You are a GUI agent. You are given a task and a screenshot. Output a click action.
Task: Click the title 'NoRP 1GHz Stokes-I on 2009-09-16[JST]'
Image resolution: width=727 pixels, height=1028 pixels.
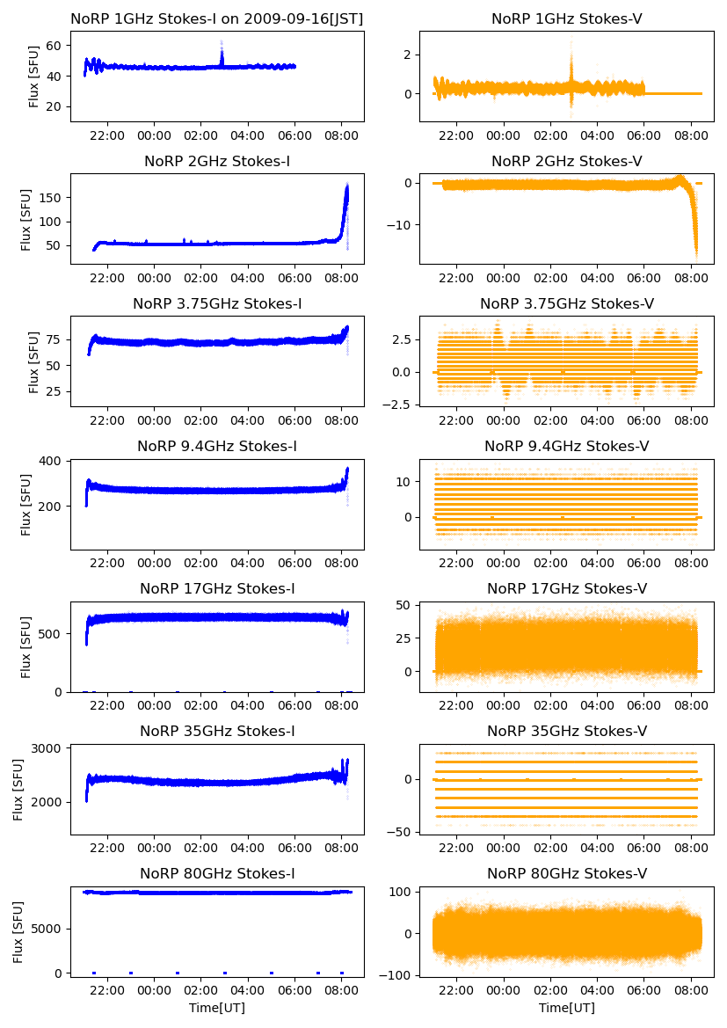216,18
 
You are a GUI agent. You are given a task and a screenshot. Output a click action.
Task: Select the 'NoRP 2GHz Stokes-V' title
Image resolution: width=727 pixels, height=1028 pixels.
566,161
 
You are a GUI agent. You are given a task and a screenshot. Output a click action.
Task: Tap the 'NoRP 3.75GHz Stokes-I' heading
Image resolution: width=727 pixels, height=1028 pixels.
216,303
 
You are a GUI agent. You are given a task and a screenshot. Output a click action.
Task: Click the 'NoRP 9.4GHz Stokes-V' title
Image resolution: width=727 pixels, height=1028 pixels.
566,446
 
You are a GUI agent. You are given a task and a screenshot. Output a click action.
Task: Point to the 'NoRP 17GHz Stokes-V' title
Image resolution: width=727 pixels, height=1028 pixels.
566,588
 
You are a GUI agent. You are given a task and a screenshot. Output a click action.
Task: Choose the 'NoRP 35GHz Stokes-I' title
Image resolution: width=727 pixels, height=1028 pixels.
216,731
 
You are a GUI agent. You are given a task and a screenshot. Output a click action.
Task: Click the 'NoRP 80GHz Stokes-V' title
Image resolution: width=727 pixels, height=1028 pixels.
566,873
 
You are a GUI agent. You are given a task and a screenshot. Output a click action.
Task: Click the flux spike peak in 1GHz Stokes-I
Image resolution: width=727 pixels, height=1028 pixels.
222,41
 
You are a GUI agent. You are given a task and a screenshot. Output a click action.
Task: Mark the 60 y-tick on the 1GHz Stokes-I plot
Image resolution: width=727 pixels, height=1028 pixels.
55,46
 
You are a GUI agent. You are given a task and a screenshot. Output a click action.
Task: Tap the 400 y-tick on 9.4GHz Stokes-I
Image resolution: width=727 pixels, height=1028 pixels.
52,461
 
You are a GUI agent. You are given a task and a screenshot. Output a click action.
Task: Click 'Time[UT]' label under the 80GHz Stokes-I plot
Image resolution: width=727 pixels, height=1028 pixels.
216,1008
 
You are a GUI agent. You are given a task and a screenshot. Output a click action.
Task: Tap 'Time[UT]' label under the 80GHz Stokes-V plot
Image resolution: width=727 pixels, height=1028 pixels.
566,1008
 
